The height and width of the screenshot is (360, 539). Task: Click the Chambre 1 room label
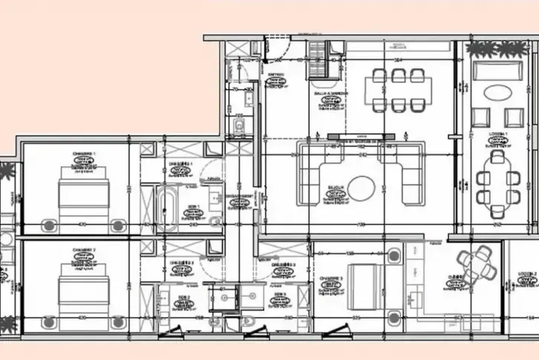coord(84,154)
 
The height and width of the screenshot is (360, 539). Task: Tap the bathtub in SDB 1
coord(165,206)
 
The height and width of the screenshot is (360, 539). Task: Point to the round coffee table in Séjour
coord(362,188)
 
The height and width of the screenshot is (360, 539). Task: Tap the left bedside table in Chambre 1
coord(50,224)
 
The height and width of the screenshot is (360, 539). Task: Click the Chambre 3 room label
coord(331,280)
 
